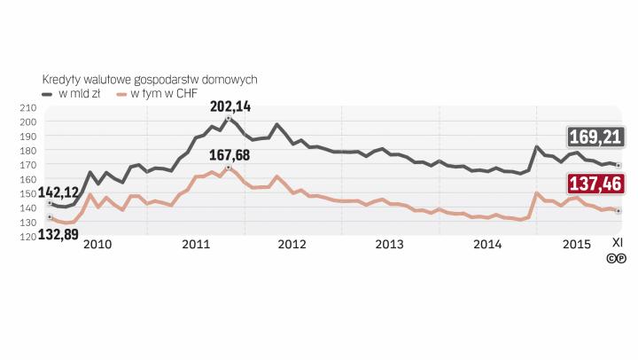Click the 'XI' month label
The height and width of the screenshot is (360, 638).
[618, 242]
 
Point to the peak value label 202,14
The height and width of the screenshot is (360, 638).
[230, 106]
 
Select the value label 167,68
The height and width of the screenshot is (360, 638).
[229, 155]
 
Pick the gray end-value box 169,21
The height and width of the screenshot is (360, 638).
[596, 137]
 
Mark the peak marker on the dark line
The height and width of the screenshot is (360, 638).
[229, 119]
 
